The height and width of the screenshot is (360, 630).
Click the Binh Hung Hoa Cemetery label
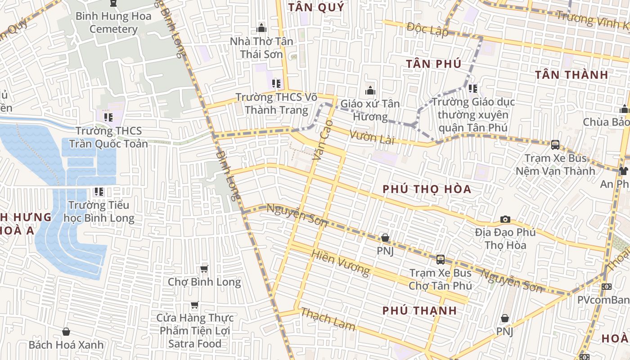113,22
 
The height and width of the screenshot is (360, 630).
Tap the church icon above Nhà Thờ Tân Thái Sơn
261,28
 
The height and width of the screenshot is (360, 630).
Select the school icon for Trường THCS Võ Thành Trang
276,83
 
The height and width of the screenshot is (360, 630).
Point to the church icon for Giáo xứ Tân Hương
370,90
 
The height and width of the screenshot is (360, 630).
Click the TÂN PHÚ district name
434,64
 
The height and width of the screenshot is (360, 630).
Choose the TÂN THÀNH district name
571,75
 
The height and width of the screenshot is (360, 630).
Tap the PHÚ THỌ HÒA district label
427,189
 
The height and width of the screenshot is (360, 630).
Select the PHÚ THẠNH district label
420,310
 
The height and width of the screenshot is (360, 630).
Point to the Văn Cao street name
323,140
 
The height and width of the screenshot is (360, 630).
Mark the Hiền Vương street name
340,263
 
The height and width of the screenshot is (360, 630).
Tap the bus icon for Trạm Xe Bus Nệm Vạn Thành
555,145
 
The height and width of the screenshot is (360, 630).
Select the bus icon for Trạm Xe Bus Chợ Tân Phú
441,260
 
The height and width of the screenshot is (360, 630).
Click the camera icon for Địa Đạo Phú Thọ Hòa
505,219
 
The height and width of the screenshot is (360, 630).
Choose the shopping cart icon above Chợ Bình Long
204,269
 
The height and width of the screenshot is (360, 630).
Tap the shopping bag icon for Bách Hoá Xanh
66,332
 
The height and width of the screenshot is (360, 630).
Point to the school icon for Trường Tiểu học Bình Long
99,192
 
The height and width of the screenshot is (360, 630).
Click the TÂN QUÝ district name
316,7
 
